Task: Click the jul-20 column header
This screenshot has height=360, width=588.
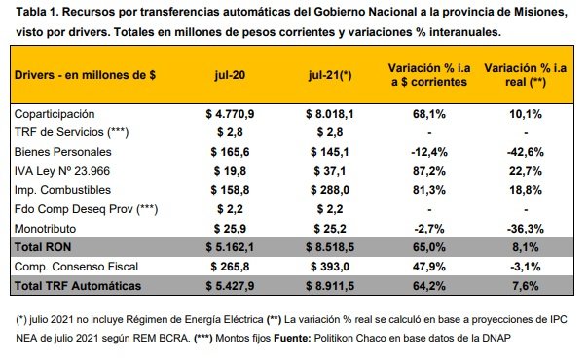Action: click(x=230, y=75)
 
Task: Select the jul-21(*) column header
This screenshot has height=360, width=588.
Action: click(x=330, y=75)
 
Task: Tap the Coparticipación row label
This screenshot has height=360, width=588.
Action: click(x=55, y=114)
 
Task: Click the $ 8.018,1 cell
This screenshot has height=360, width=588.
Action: click(x=330, y=114)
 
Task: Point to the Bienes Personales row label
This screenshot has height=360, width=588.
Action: click(x=62, y=152)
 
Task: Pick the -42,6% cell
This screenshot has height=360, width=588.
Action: click(x=526, y=152)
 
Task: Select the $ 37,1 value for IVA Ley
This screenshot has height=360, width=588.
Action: click(x=330, y=171)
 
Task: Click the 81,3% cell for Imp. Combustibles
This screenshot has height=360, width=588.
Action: click(x=429, y=190)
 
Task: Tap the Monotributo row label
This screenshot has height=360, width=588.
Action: click(x=45, y=229)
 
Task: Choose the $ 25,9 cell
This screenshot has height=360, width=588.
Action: click(x=230, y=229)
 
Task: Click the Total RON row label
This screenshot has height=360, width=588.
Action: click(x=43, y=247)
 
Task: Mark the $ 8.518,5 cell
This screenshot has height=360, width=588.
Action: click(x=330, y=247)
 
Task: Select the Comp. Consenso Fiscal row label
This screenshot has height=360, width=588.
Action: click(x=76, y=267)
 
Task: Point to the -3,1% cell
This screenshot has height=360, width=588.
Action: click(x=526, y=267)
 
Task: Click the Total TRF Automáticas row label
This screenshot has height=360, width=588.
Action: click(x=78, y=286)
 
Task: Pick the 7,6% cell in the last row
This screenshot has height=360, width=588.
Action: click(x=526, y=286)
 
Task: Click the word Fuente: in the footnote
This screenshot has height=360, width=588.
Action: click(x=292, y=338)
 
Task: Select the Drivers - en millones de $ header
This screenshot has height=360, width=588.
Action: click(x=85, y=75)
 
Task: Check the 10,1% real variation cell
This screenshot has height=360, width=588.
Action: click(x=526, y=114)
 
